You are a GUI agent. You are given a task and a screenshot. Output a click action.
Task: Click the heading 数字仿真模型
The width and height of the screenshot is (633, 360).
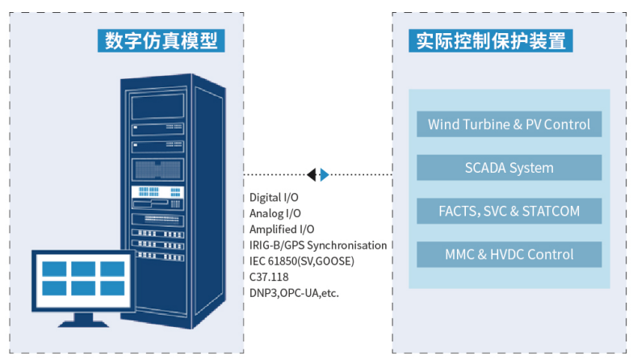(161, 40)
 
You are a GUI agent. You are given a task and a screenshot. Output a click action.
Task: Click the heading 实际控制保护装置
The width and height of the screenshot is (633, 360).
(492, 40)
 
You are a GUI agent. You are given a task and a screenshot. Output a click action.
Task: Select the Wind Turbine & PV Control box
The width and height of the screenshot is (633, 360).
(509, 124)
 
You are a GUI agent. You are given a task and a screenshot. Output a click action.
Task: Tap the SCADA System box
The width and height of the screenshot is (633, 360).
(509, 168)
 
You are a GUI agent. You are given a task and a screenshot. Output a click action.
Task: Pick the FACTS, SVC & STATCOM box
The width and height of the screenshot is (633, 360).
(509, 211)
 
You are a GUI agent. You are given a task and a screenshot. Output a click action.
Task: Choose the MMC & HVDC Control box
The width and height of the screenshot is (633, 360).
(509, 254)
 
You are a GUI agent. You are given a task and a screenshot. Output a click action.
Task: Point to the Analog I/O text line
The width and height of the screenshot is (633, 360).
(275, 213)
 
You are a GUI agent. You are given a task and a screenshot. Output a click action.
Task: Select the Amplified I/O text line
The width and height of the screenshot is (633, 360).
(281, 229)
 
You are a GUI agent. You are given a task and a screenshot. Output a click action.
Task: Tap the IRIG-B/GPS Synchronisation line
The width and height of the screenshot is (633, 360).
(317, 245)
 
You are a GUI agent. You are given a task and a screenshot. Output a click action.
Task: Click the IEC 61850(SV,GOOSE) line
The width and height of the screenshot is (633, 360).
(301, 261)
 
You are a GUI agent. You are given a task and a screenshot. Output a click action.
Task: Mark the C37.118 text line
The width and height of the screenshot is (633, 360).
(269, 277)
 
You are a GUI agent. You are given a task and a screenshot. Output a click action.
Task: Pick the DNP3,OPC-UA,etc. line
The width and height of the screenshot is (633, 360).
(294, 292)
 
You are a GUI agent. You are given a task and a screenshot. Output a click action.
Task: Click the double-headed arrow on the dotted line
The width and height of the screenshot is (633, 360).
(317, 174)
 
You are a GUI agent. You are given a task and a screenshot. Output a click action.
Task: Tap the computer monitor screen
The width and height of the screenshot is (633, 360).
(83, 279)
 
